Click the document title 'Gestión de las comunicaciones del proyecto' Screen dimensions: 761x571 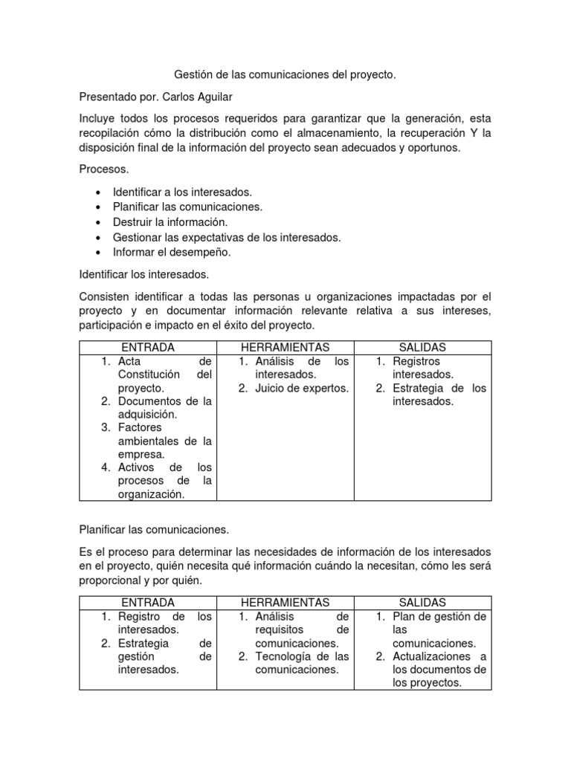click(x=285, y=75)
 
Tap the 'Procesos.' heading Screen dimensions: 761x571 click(x=104, y=169)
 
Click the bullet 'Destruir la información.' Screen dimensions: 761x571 click(x=170, y=222)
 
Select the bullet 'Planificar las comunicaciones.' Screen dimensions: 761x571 click(x=188, y=207)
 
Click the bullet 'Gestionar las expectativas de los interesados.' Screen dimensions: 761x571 click(x=227, y=237)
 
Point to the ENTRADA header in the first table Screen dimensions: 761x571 click(x=148, y=348)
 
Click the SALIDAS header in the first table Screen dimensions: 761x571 click(x=422, y=348)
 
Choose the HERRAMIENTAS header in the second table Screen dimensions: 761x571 click(x=285, y=602)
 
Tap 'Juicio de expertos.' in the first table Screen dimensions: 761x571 click(x=301, y=388)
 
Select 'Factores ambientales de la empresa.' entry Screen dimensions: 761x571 click(x=164, y=441)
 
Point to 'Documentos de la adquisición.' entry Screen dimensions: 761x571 click(x=164, y=408)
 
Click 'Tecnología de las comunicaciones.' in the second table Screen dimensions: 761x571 click(x=301, y=663)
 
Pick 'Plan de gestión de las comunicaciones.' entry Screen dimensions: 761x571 click(x=439, y=629)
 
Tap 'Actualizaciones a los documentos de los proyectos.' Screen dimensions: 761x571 click(x=439, y=670)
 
